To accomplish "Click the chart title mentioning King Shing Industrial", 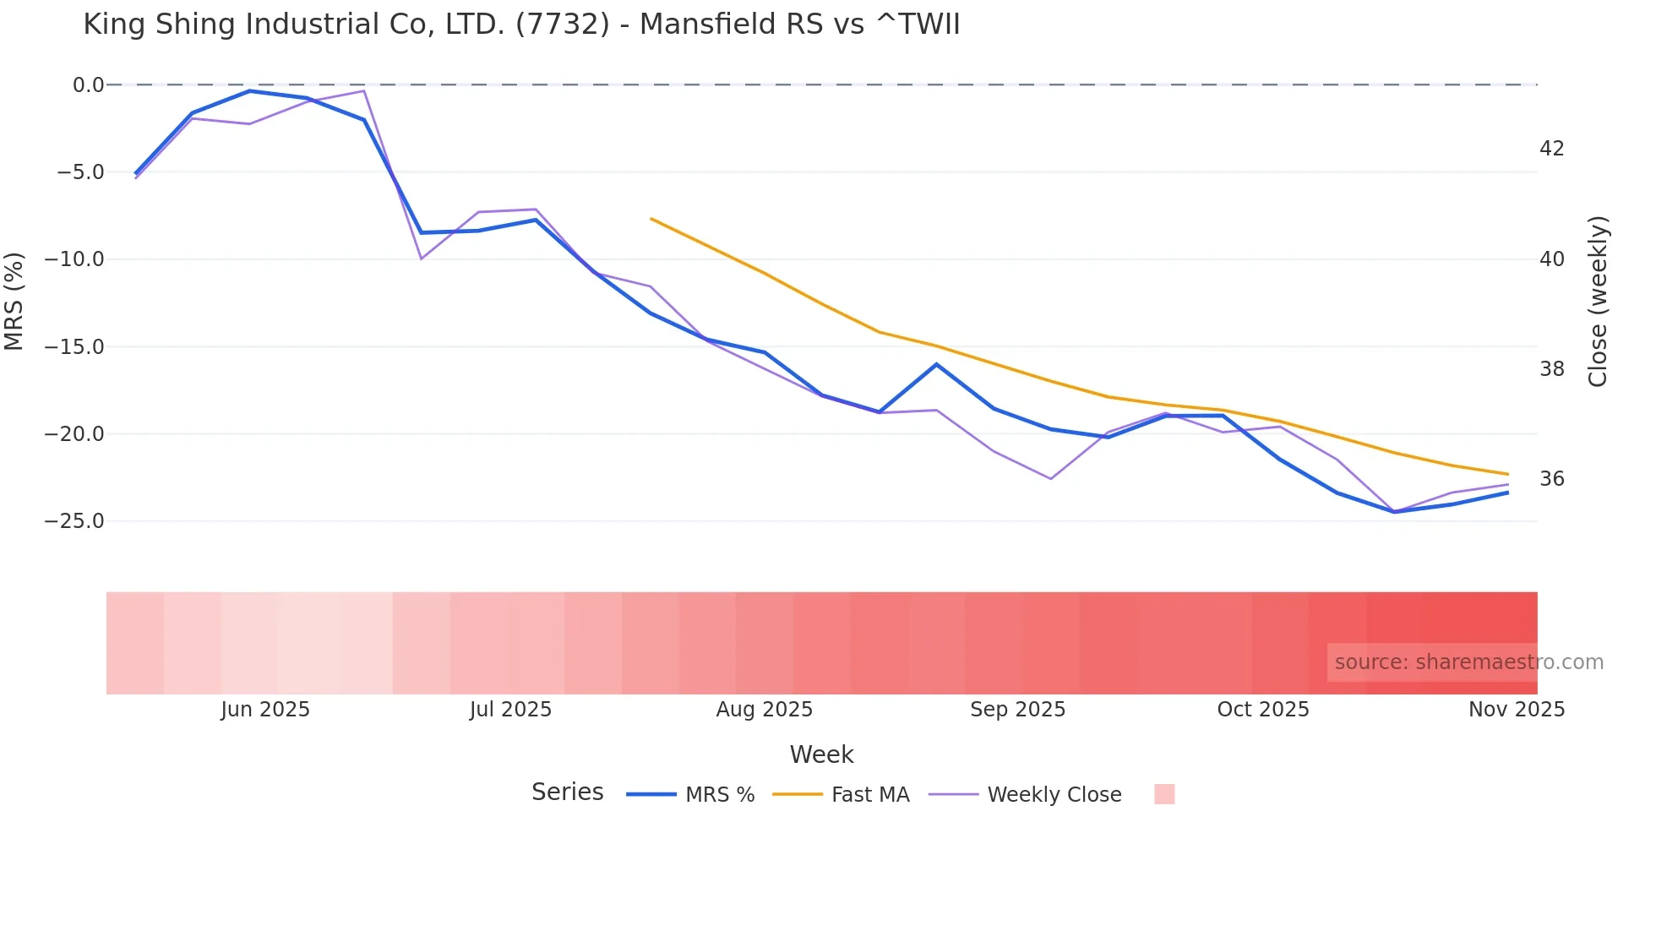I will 521,24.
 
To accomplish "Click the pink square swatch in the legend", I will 1164,794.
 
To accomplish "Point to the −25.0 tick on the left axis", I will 74,521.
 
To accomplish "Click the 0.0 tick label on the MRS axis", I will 88,85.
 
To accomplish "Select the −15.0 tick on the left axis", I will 74,347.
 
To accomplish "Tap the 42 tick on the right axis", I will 1551,149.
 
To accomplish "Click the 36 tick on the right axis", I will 1551,479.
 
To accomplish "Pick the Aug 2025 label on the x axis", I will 764,710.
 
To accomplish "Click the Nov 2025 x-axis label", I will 1516,710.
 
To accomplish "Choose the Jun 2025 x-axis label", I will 265,710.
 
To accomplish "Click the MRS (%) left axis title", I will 14,302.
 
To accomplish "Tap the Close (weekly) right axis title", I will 1597,302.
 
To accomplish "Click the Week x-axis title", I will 821,754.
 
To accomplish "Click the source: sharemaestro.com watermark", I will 1468,662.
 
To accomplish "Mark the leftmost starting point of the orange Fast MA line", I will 651,219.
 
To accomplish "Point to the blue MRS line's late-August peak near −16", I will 936,364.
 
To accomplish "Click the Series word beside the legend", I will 567,792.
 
